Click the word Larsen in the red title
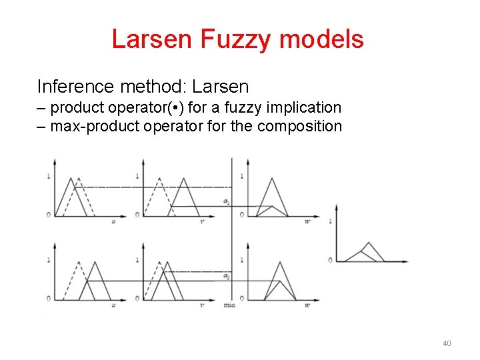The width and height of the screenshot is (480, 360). [x=152, y=39]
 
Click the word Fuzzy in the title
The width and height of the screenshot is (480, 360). [x=237, y=39]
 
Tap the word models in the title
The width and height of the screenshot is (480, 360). [x=322, y=39]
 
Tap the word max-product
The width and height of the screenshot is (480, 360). [x=91, y=126]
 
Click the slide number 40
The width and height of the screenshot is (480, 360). [x=447, y=343]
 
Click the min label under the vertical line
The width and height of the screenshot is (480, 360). [x=230, y=305]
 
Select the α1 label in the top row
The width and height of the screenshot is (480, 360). [x=227, y=201]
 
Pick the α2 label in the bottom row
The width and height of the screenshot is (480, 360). [x=227, y=276]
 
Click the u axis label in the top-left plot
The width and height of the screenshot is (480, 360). [x=114, y=221]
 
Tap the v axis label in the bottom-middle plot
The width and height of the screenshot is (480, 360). [x=201, y=305]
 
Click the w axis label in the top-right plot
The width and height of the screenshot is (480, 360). [x=307, y=221]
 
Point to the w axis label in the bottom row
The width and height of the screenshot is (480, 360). [x=307, y=305]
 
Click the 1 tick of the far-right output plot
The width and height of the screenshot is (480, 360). [x=330, y=221]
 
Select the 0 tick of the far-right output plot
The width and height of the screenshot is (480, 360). [x=330, y=260]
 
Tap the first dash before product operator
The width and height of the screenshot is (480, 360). [x=41, y=107]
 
